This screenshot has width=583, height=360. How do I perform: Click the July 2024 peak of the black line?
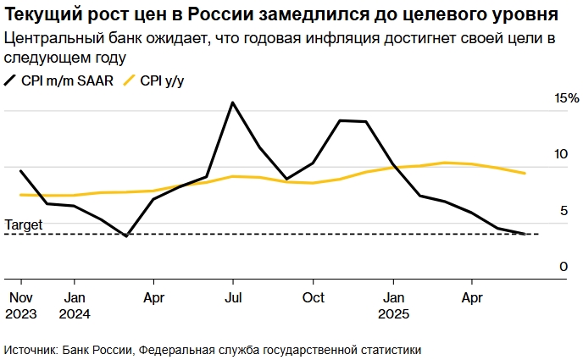point(232,102)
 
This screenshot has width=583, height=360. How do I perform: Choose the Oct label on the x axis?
point(314,297)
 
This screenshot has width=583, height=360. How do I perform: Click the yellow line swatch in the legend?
point(130,81)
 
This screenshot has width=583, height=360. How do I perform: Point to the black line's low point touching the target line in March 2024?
point(126,235)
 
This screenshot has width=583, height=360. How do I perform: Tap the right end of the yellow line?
point(525,174)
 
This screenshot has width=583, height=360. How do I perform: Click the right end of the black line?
point(525,234)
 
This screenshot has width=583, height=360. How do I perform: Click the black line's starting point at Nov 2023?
point(20,171)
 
